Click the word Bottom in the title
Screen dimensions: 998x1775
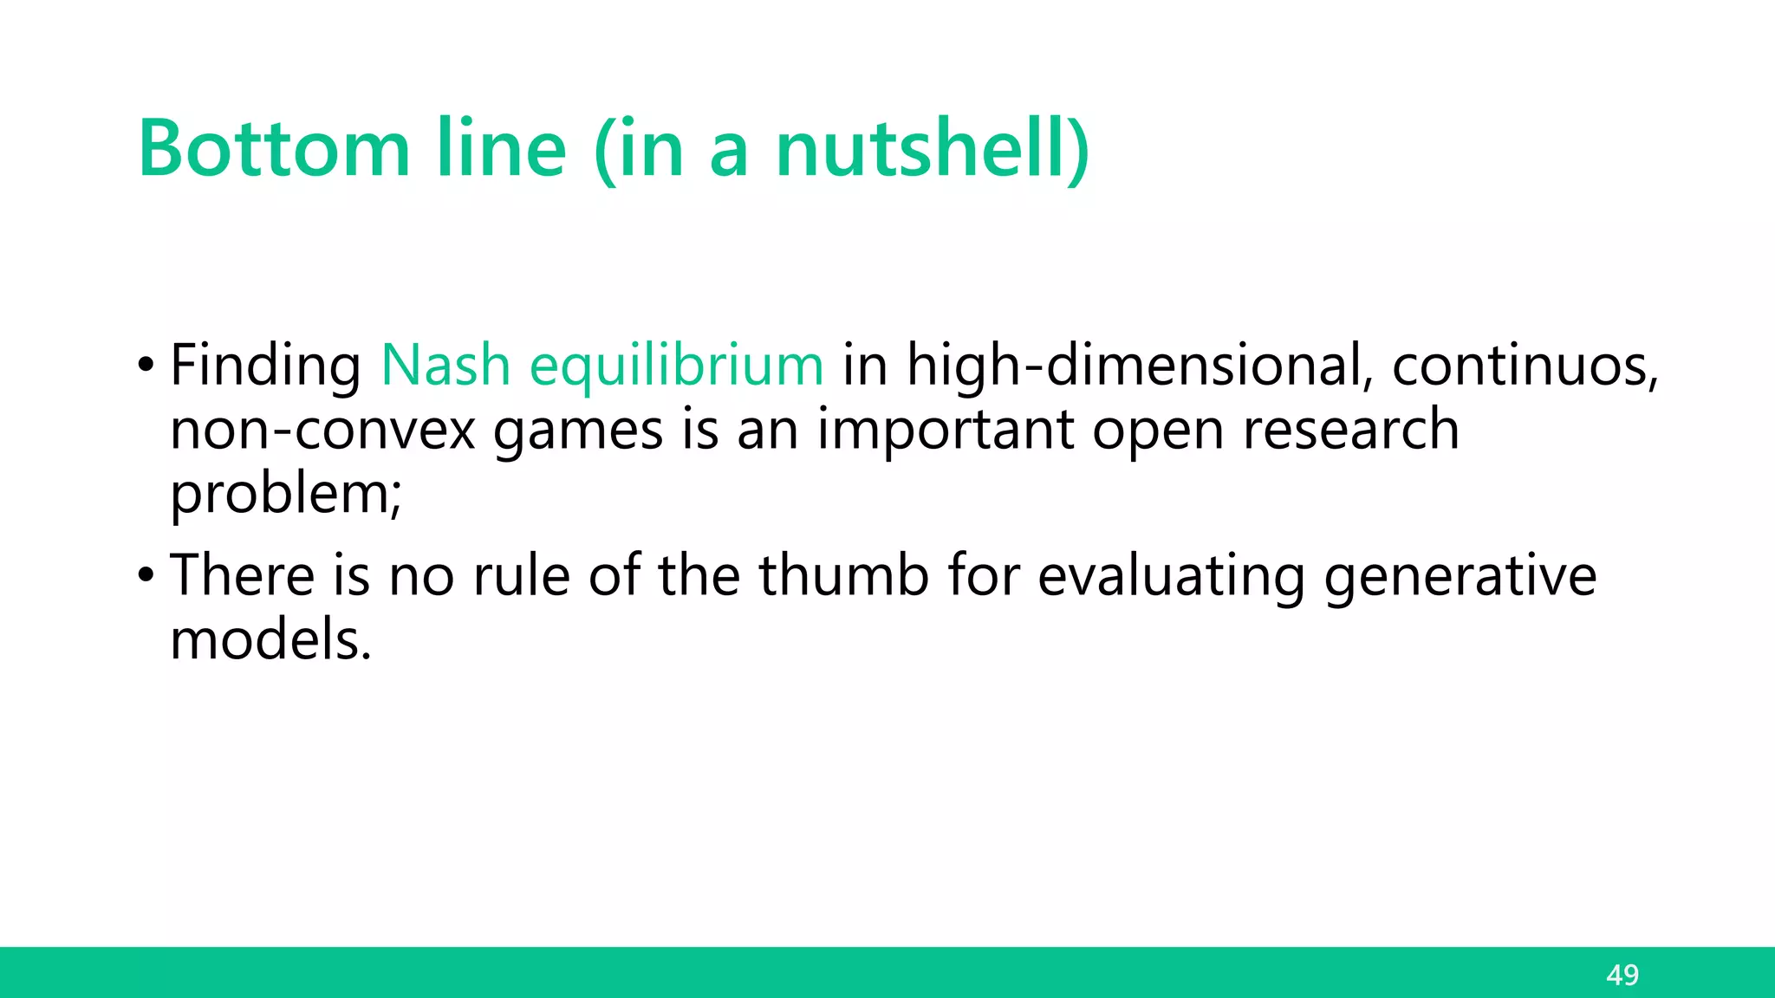(274, 149)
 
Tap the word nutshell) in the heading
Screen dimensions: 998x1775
(932, 149)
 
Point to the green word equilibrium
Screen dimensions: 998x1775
(676, 365)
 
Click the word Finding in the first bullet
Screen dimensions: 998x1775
(265, 365)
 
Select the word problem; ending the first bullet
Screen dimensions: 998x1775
(286, 494)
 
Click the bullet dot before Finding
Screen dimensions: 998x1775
(146, 364)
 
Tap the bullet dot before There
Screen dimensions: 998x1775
(146, 574)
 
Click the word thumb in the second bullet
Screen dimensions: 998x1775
(844, 574)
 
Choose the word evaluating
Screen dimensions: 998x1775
(1171, 576)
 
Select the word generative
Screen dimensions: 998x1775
(1460, 576)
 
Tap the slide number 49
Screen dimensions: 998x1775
(1622, 975)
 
